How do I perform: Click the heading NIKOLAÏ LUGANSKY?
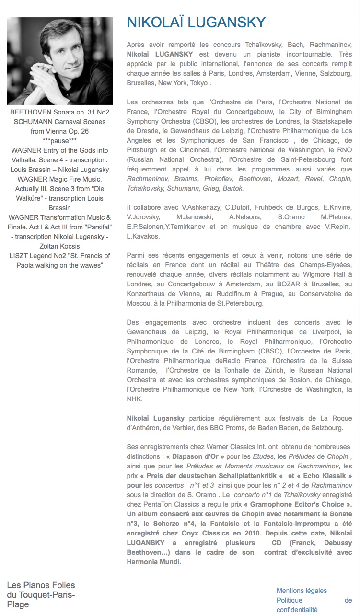click(196, 23)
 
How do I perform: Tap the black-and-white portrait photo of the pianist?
click(60, 61)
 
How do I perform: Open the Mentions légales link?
click(302, 591)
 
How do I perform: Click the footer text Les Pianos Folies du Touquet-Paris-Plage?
click(41, 594)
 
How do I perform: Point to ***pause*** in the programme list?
click(60, 141)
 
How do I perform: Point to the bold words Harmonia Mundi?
click(153, 562)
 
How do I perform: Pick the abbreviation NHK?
click(135, 399)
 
